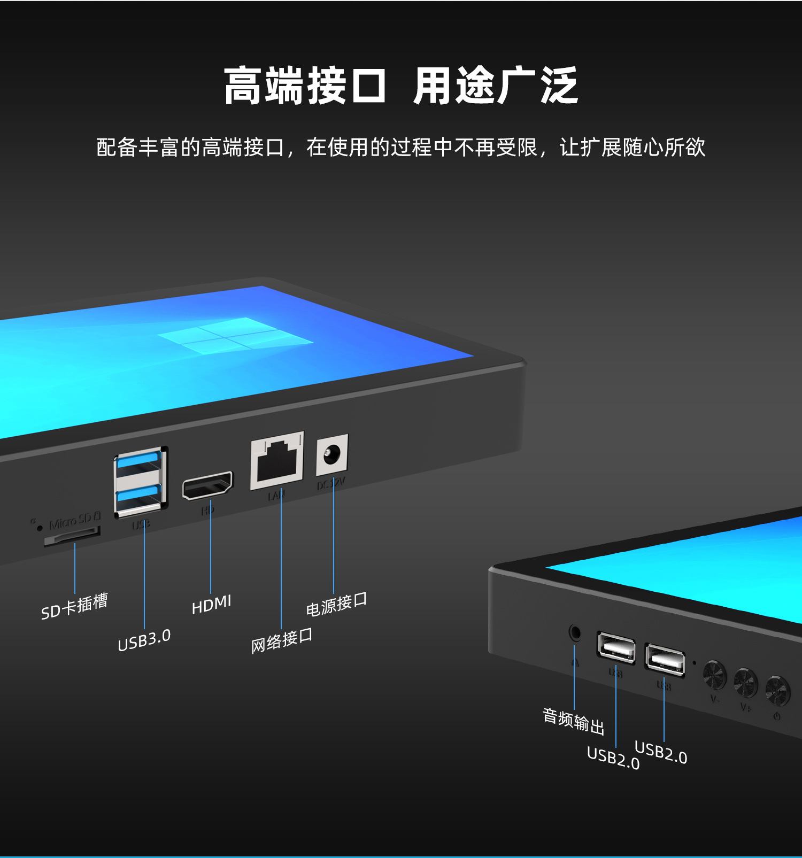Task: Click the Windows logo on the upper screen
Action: [235, 336]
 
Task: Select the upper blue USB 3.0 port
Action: [138, 460]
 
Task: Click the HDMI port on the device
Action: [208, 485]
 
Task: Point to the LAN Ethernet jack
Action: [277, 461]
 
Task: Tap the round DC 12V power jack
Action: [331, 455]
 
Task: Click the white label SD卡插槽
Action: [74, 606]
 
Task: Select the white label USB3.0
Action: [144, 640]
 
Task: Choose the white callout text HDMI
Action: [211, 605]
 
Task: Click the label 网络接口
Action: [282, 640]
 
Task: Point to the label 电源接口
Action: [336, 604]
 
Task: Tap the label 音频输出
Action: [573, 721]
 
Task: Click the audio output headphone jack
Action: [575, 632]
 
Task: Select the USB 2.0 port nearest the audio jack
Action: [616, 648]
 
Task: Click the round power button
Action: [777, 691]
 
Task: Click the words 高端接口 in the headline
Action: [305, 86]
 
